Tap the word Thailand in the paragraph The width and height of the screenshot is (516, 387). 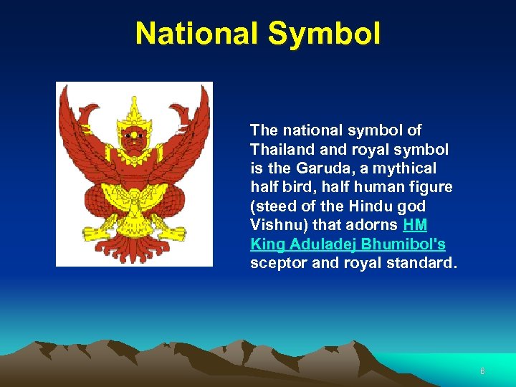point(279,150)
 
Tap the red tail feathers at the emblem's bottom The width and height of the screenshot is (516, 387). point(134,247)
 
